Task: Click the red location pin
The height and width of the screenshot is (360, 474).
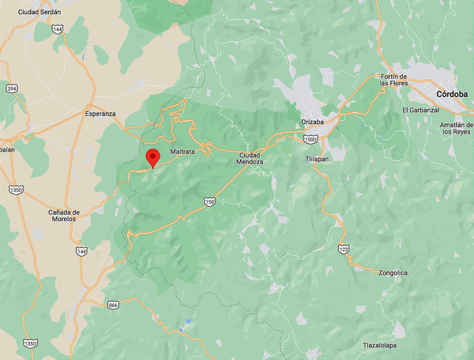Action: click(153, 157)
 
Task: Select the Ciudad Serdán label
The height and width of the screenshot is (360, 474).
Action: click(39, 12)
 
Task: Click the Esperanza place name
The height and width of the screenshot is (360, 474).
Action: click(100, 114)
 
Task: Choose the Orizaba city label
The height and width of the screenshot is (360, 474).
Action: click(314, 122)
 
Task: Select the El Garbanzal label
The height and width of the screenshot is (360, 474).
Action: click(420, 110)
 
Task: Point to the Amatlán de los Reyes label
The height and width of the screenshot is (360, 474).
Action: click(457, 129)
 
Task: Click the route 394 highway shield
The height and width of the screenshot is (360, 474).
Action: click(11, 88)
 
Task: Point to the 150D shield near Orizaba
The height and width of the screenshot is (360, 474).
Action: click(310, 138)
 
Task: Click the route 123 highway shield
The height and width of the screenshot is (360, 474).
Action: click(343, 249)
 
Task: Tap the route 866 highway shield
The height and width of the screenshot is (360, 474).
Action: click(113, 304)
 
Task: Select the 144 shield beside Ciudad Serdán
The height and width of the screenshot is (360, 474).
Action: click(56, 28)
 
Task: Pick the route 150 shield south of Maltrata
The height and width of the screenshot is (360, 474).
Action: click(209, 201)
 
